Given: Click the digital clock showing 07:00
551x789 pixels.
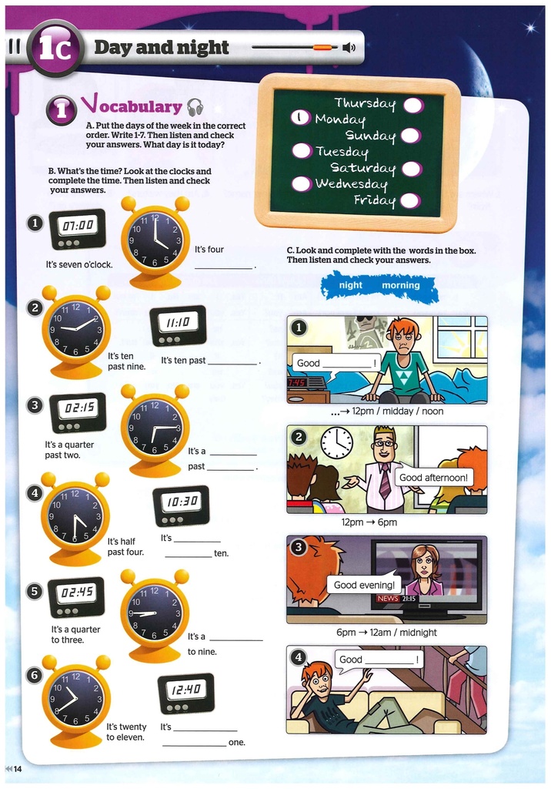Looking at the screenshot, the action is (x=78, y=230).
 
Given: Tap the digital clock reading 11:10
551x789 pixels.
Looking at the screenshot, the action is (x=178, y=326).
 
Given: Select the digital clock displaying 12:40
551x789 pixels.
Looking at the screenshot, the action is (x=186, y=693).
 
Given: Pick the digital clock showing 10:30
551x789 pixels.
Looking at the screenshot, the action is (x=181, y=505).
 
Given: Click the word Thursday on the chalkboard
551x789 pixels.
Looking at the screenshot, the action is (x=366, y=102).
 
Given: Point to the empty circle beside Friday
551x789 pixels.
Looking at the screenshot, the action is (x=411, y=201).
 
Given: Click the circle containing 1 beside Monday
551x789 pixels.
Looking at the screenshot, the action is (x=301, y=118).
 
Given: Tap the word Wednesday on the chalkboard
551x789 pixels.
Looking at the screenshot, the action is (x=352, y=184).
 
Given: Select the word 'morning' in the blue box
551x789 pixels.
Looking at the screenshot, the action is (x=401, y=285).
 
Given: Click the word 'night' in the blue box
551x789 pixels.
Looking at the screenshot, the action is (x=350, y=285).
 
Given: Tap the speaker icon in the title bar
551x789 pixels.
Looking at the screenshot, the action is (x=349, y=48).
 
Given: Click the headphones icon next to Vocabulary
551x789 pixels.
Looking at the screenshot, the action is (x=195, y=107).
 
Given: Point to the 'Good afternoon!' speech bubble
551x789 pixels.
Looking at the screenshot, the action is (x=433, y=476).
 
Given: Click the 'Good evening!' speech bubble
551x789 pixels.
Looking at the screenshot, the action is (x=364, y=584).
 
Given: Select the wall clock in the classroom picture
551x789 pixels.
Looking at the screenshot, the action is (x=337, y=444).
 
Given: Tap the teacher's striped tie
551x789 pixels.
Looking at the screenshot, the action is (x=385, y=482).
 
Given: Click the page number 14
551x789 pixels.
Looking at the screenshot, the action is (x=18, y=769).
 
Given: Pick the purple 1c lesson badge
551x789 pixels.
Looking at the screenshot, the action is (x=55, y=49).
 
